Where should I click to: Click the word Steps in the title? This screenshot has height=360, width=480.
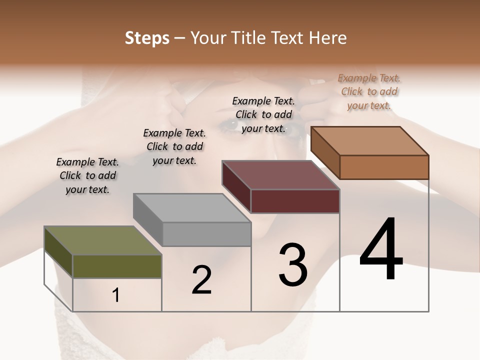tap(147, 38)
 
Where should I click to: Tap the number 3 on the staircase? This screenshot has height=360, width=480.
tap(293, 265)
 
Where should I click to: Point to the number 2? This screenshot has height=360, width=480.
tap(201, 280)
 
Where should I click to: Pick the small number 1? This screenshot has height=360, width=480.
tap(116, 295)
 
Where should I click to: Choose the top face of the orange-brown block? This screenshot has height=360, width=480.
tap(370, 141)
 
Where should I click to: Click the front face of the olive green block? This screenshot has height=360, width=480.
tap(117, 266)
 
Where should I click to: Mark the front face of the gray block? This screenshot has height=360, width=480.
tap(206, 234)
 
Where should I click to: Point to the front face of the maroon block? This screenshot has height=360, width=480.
tap(295, 201)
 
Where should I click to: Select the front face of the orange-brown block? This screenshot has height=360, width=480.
tap(384, 167)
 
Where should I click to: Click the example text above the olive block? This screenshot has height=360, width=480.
tap(87, 175)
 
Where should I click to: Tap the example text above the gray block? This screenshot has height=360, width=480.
tap(174, 146)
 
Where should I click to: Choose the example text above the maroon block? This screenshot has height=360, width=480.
tap(263, 114)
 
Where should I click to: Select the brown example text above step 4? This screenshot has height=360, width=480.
tap(369, 91)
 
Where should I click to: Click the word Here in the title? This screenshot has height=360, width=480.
tap(327, 38)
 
